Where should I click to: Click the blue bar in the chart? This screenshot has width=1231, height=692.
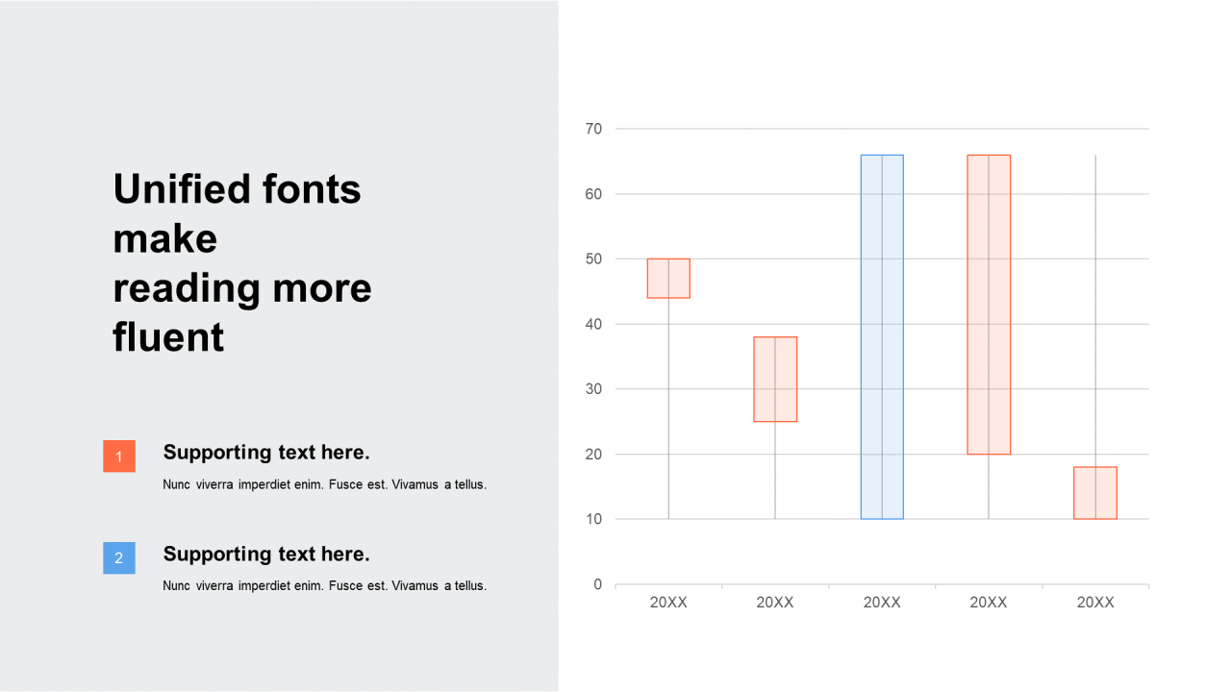pos(882,336)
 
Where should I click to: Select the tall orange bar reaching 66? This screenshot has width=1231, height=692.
pos(989,305)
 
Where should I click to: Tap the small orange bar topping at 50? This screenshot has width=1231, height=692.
pos(668,279)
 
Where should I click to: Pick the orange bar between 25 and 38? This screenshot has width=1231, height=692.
pos(775,379)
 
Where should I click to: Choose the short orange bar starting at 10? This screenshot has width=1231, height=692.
pos(1095,493)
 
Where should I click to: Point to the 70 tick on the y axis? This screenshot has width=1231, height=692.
pos(593,129)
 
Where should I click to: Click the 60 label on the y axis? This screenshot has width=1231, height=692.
pos(593,194)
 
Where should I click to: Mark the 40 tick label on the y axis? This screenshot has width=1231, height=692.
pos(593,324)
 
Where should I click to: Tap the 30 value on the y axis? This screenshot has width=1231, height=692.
pos(593,389)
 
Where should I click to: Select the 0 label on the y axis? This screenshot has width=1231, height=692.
pos(598,584)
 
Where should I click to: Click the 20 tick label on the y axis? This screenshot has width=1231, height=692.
pos(593,455)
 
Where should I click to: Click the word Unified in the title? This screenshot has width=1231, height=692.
pos(182,189)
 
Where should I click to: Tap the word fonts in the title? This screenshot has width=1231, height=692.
pos(312,189)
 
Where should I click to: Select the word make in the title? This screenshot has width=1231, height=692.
pos(164,239)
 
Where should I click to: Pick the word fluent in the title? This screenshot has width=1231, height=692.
pos(168,336)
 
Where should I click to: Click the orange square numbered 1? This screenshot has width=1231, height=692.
pos(119,456)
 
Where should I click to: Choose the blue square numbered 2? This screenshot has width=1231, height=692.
pos(119,558)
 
